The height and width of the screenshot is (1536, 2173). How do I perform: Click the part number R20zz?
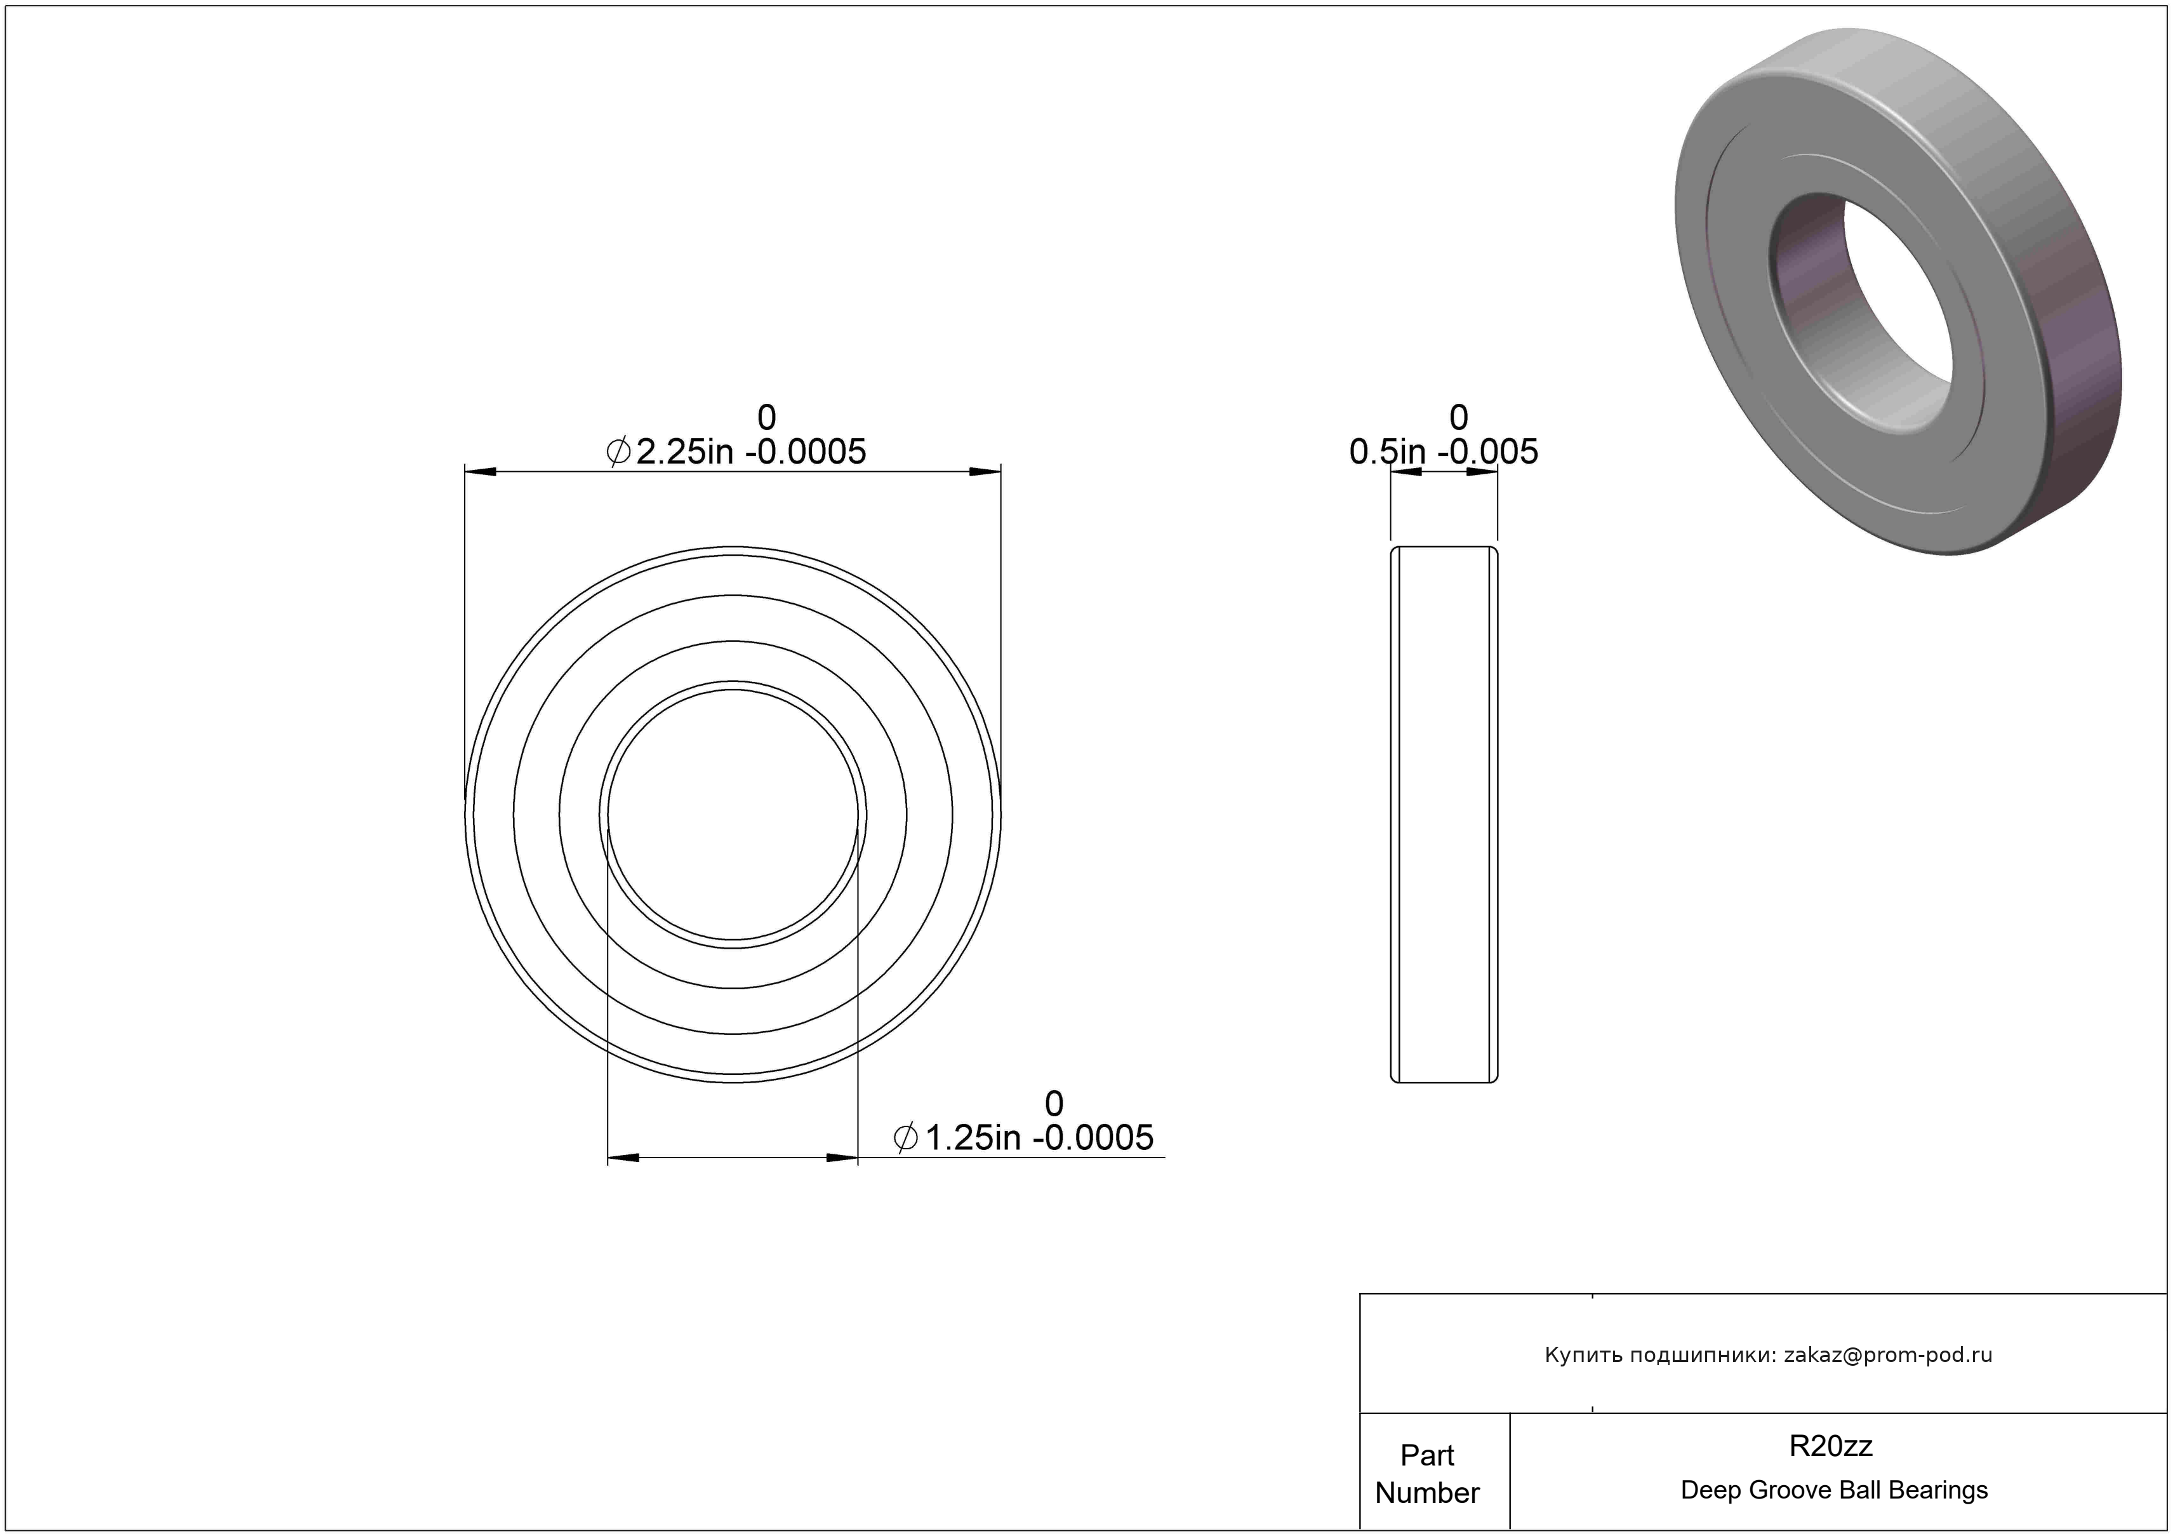tap(1830, 1445)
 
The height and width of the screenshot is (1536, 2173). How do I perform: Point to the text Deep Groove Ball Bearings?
tap(1834, 1490)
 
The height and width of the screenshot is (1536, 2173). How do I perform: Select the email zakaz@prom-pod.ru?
tap(1888, 1354)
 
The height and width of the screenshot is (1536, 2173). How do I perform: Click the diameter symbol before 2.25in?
tap(618, 452)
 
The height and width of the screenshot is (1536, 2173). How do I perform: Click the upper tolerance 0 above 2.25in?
tap(767, 417)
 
